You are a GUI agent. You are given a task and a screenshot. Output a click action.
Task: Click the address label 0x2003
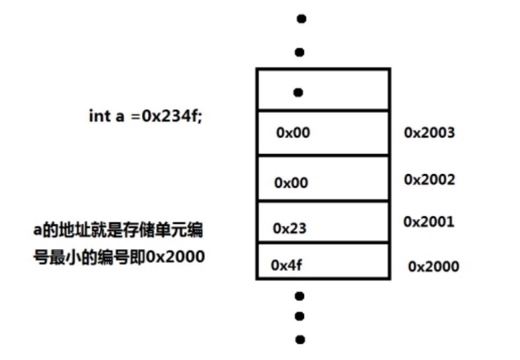429,132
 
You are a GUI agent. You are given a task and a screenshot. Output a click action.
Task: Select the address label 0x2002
429,179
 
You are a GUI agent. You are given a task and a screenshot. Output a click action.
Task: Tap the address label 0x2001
429,221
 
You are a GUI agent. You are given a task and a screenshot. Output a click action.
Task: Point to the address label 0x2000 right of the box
433,266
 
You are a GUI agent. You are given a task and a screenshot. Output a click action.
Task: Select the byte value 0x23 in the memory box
289,229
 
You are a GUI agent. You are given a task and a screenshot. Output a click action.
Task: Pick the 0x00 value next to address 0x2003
293,133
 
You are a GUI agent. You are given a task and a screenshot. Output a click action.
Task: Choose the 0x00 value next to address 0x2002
291,183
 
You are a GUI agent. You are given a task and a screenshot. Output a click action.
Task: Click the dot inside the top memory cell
299,93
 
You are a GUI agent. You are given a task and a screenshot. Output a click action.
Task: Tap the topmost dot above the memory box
302,19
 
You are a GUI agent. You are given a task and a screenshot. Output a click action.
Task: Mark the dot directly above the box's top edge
300,52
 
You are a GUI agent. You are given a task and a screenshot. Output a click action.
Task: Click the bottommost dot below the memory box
300,339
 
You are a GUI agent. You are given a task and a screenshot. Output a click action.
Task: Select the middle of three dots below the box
300,316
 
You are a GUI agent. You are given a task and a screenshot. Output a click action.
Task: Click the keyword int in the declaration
100,117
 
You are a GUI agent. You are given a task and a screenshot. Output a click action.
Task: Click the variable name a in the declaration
120,117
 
